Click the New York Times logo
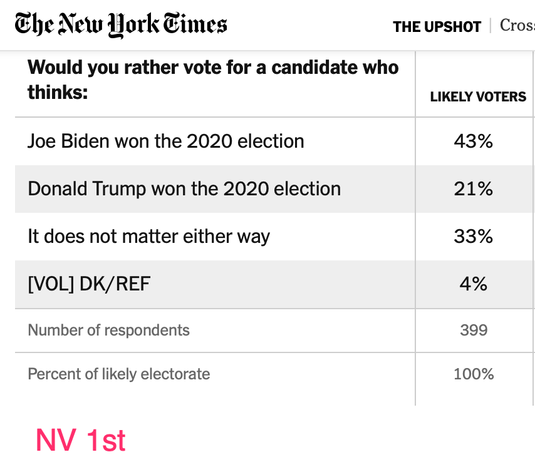pyautogui.click(x=121, y=24)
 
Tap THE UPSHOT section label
pyautogui.click(x=437, y=26)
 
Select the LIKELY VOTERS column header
pyautogui.click(x=478, y=96)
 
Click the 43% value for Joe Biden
pyautogui.click(x=474, y=141)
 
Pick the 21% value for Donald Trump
pyautogui.click(x=474, y=188)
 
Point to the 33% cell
pyautogui.click(x=474, y=236)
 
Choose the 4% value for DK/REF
pyautogui.click(x=474, y=284)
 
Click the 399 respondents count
pyautogui.click(x=474, y=330)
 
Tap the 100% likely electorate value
pyautogui.click(x=474, y=374)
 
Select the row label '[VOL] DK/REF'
pyautogui.click(x=89, y=284)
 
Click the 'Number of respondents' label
pyautogui.click(x=108, y=330)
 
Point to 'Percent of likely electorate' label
pyautogui.click(x=119, y=374)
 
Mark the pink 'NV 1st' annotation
pyautogui.click(x=81, y=440)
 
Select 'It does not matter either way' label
pyautogui.click(x=148, y=236)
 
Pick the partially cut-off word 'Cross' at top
pyautogui.click(x=517, y=26)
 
